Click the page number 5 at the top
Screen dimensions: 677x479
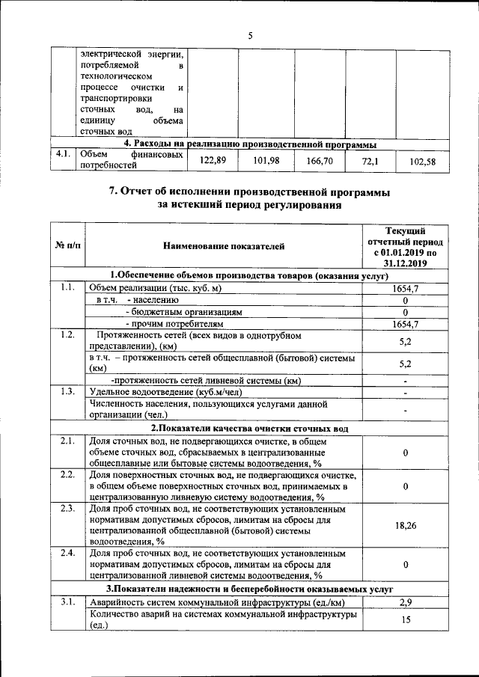pos(250,34)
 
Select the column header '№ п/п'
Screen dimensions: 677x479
pos(68,245)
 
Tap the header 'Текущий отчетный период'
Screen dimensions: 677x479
pos(404,238)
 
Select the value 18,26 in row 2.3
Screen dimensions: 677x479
pos(404,526)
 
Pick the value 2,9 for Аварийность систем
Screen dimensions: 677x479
pos(404,602)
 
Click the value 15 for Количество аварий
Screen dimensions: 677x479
pos(404,620)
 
